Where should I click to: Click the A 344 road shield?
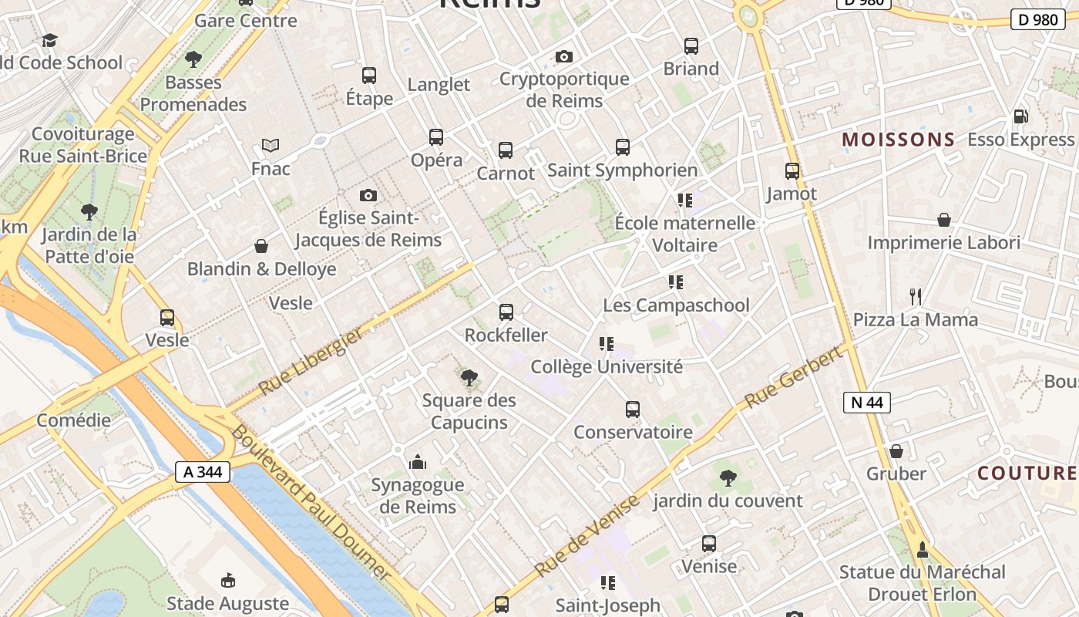coord(203,472)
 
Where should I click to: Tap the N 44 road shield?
coord(867,402)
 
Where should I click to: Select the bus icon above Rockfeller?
coord(506,312)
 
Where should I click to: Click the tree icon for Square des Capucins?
coord(469,377)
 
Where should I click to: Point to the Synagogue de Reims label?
coord(418,496)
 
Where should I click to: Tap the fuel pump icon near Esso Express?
coord(1020,116)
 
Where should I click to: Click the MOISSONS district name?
coord(898,140)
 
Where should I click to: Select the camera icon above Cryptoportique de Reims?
coord(564,56)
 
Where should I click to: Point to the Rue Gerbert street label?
coord(794,378)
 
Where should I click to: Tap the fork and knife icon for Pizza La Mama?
coord(916,296)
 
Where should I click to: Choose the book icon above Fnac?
coord(270,145)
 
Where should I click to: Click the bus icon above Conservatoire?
coord(633,410)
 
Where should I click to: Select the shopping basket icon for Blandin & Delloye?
coord(261,246)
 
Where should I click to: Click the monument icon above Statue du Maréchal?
coord(922,549)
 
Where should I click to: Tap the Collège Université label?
coord(607,367)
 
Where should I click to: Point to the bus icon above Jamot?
coord(792,171)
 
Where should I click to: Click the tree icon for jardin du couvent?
coord(728,478)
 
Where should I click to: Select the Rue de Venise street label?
coord(587,536)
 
